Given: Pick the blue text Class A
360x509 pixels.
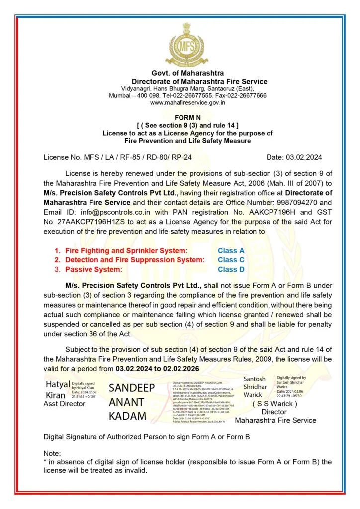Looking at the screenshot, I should coord(231,251).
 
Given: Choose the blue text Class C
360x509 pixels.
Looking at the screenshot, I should coord(231,260).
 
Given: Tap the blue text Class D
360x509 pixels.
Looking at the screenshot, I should coord(231,269).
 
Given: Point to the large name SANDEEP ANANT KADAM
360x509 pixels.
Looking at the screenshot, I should coord(132,402).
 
